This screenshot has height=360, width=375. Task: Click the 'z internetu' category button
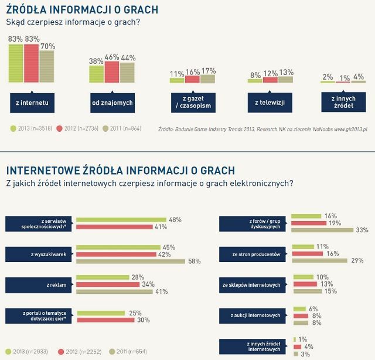32,103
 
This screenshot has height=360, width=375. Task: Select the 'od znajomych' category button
112,103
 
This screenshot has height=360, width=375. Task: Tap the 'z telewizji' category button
270,103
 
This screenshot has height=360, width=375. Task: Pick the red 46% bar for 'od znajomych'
112,73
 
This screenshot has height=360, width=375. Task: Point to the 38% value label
96,60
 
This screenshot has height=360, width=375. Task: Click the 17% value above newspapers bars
208,70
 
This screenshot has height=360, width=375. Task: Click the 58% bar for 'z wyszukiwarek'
130,261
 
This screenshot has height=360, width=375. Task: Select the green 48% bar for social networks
121,220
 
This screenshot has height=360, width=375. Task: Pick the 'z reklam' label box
40,285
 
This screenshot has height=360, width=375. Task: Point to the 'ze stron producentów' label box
254,254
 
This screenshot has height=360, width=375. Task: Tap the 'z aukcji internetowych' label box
254,315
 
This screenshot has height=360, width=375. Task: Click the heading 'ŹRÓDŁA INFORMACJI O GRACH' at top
81,10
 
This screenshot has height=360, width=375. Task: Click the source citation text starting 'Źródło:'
264,128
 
